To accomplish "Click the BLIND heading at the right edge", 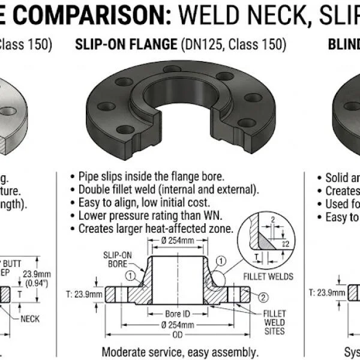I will (343, 44).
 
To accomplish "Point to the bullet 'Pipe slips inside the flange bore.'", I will (151, 176).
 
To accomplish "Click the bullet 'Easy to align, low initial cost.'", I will (144, 203).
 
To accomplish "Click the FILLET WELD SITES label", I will (274, 322).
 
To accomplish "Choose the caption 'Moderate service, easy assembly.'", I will (180, 352).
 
